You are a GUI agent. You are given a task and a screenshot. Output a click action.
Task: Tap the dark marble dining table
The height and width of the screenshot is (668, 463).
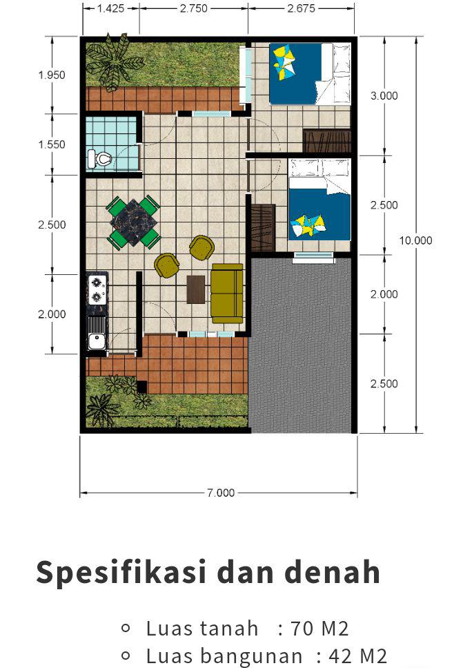pyautogui.click(x=134, y=222)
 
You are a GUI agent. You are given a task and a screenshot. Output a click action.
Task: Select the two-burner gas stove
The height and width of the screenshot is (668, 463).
pyautogui.click(x=97, y=289)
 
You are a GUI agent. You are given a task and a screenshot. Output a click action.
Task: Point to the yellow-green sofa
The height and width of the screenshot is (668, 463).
pyautogui.click(x=227, y=294)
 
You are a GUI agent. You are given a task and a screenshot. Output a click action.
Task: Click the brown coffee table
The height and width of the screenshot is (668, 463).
pyautogui.click(x=196, y=289)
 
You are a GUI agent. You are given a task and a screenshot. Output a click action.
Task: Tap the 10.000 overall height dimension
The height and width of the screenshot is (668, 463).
pyautogui.click(x=415, y=240)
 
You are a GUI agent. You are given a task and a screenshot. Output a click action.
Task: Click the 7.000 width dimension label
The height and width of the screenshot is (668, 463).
pyautogui.click(x=221, y=493)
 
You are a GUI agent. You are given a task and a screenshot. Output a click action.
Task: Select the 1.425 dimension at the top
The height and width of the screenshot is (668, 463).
pyautogui.click(x=110, y=8)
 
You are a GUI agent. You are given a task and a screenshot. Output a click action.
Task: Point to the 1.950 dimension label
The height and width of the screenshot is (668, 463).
pyautogui.click(x=52, y=75)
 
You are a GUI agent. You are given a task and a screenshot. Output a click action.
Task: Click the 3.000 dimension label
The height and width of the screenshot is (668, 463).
pyautogui.click(x=384, y=96)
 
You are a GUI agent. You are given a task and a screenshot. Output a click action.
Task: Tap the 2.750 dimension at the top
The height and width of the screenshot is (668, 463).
pyautogui.click(x=194, y=8)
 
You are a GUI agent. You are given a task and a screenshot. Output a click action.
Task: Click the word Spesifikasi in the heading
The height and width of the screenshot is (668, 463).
pyautogui.click(x=121, y=573)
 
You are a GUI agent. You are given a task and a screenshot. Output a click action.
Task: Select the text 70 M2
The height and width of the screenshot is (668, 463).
pyautogui.click(x=319, y=629)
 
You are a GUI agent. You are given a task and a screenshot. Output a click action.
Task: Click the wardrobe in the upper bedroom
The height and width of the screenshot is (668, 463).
pyautogui.click(x=327, y=141)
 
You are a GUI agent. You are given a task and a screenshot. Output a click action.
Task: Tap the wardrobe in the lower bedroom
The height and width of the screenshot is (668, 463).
pyautogui.click(x=263, y=228)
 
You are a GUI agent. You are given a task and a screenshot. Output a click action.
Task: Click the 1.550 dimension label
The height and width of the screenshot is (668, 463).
pyautogui.click(x=52, y=145)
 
